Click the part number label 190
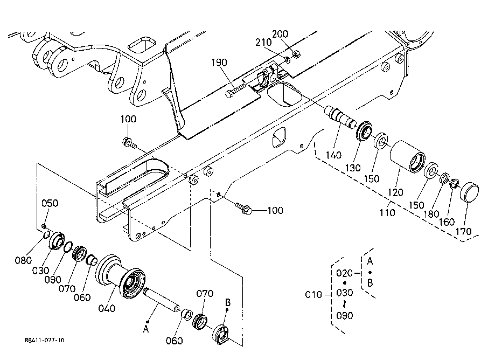click(219, 63)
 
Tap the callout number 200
click(280, 34)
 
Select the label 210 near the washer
click(263, 42)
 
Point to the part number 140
click(333, 155)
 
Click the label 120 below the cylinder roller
click(395, 192)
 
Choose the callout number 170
click(463, 232)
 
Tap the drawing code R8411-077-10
click(45, 340)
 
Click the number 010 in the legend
click(313, 295)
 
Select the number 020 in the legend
click(344, 273)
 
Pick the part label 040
click(107, 308)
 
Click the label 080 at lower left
click(23, 260)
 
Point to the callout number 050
click(50, 203)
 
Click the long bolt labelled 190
click(235, 89)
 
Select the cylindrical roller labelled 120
click(408, 157)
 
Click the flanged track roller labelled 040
click(121, 276)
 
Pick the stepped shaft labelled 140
click(340, 116)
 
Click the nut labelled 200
click(296, 54)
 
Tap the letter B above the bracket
click(228, 302)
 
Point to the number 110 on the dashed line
click(387, 212)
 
